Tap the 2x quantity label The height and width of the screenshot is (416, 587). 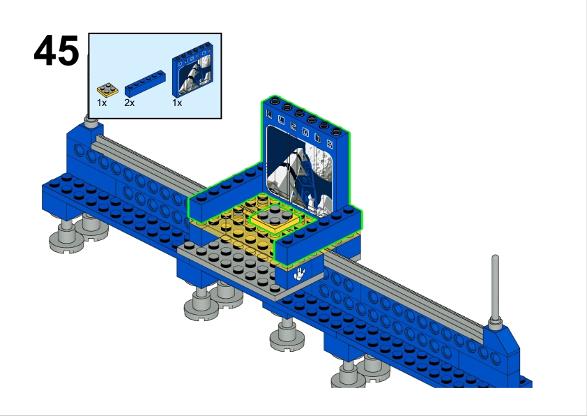[x=130, y=103]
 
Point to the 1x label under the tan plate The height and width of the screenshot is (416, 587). [x=102, y=103]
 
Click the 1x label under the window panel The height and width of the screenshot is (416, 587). [x=178, y=103]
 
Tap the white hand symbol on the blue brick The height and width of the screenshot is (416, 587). [x=300, y=273]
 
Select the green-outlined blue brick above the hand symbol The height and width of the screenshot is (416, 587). [x=321, y=234]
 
